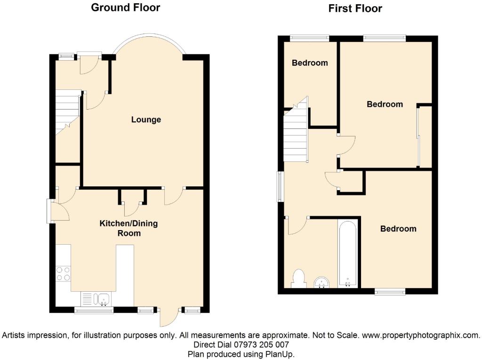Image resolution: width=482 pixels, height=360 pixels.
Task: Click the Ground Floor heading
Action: click(125, 8)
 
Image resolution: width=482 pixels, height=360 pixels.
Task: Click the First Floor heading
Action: click(355, 8)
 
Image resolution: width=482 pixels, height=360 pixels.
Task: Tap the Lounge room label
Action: click(146, 120)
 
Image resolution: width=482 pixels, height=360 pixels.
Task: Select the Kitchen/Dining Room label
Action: click(129, 228)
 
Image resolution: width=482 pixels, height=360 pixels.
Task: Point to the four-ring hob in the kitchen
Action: click(63, 274)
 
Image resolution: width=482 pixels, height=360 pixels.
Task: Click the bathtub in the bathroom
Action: click(348, 254)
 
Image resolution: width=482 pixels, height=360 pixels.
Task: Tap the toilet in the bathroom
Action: click(298, 279)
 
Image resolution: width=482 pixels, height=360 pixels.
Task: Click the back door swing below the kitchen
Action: click(169, 317)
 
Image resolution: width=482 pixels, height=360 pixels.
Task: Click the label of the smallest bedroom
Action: click(310, 63)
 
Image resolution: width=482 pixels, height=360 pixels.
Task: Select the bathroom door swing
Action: click(297, 226)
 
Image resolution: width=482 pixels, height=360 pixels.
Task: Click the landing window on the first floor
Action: click(280, 187)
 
